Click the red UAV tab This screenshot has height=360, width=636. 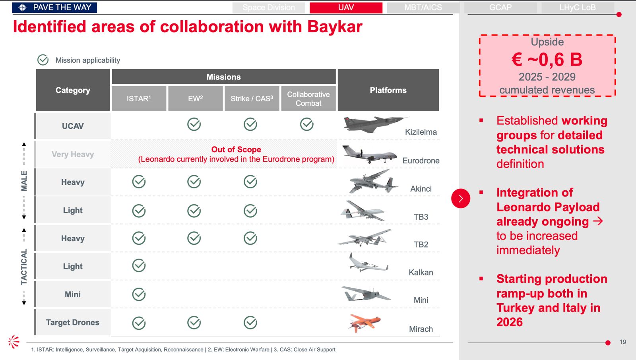346,8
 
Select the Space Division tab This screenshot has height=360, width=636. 269,8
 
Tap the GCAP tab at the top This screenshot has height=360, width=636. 500,8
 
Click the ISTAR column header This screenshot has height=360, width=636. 139,98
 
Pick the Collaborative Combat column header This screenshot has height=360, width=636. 308,98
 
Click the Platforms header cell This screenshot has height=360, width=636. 388,90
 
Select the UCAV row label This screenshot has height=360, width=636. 73,126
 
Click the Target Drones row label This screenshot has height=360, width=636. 73,322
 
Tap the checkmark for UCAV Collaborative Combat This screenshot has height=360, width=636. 306,124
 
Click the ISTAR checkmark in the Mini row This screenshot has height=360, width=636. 139,294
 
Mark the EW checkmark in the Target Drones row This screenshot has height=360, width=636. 194,323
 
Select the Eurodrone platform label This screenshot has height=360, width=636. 421,161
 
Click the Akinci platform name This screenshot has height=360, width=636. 421,189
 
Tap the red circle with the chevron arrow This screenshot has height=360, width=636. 461,198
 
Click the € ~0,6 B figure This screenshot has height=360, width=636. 547,60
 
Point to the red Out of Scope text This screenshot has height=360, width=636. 236,149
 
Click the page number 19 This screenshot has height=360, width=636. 622,342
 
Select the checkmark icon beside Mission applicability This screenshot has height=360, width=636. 43,60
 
